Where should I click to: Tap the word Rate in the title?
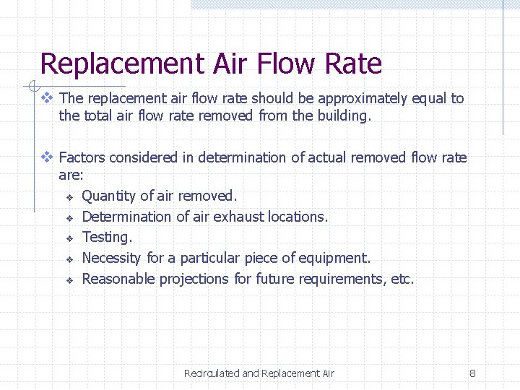pos(353,64)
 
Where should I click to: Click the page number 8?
pos(472,373)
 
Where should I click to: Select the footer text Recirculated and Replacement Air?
pos(259,373)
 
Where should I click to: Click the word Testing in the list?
pos(107,238)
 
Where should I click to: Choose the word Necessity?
pos(112,258)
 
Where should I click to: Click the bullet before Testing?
pos(70,238)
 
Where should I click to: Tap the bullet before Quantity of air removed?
pos(70,196)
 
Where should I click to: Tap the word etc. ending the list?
pos(402,279)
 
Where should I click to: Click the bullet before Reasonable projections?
pos(70,279)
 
